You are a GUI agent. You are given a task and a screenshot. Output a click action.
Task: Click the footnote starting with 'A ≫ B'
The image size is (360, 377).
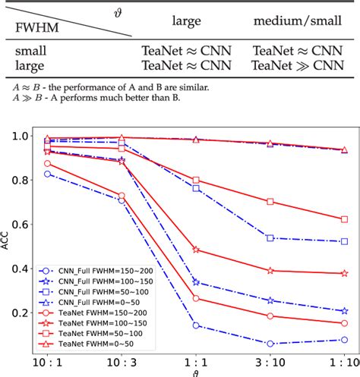[99, 99]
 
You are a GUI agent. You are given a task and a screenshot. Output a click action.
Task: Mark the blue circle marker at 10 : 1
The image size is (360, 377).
[48, 174]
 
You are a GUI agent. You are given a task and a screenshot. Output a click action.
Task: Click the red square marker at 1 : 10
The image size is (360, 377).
[345, 218]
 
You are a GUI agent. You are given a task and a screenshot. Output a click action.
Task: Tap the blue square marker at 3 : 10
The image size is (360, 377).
[270, 238]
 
